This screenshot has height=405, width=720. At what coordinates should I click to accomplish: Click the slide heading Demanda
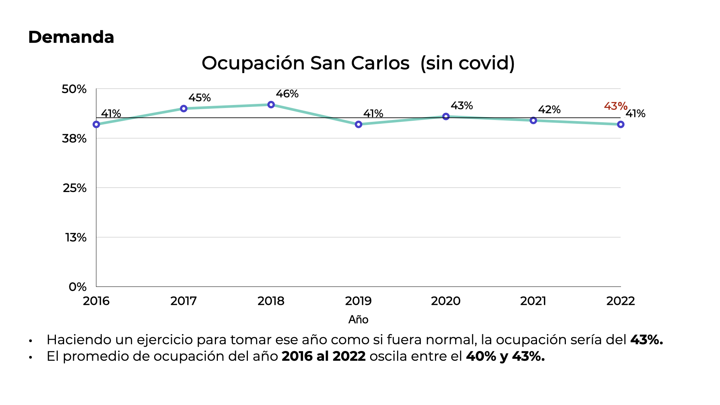tap(71, 37)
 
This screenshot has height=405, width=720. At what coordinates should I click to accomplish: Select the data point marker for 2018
tap(271, 105)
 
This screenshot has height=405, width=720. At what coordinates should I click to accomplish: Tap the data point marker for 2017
tap(184, 109)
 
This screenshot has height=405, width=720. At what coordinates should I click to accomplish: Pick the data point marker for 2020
tap(446, 117)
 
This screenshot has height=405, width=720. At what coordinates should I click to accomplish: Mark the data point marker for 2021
tap(533, 120)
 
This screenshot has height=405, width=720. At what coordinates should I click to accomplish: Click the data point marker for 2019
tap(358, 124)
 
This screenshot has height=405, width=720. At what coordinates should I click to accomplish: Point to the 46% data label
tap(287, 94)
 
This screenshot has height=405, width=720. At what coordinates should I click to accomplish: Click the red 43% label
tap(615, 106)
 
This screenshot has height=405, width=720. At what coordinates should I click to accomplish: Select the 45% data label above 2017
tap(199, 98)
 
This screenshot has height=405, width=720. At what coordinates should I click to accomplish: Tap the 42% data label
tap(549, 109)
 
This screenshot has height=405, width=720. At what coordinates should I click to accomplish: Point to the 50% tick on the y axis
tap(74, 89)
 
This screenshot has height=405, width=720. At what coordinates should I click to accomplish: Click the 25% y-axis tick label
tap(75, 188)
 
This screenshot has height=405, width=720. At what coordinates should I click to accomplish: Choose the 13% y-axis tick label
tap(76, 237)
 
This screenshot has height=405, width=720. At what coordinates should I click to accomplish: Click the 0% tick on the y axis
tap(78, 287)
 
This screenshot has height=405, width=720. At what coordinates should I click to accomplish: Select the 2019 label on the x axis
tap(358, 301)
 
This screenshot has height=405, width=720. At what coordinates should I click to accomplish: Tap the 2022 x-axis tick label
tap(620, 301)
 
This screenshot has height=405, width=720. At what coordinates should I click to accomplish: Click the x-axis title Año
tap(358, 319)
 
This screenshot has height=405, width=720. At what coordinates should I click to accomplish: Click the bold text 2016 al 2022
tap(324, 356)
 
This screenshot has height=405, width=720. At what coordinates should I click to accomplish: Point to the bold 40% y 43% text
tap(505, 356)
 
